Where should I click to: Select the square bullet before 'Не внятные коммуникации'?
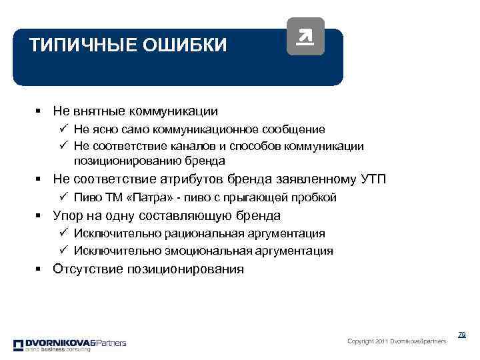[x=41, y=111]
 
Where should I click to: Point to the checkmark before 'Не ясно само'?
[x=63, y=129]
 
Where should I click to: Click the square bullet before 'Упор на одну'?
[x=41, y=215]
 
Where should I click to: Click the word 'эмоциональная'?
[x=213, y=251]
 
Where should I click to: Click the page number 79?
[x=461, y=335]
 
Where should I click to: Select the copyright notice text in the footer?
[x=397, y=341]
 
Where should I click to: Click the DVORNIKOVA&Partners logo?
[x=69, y=345]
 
